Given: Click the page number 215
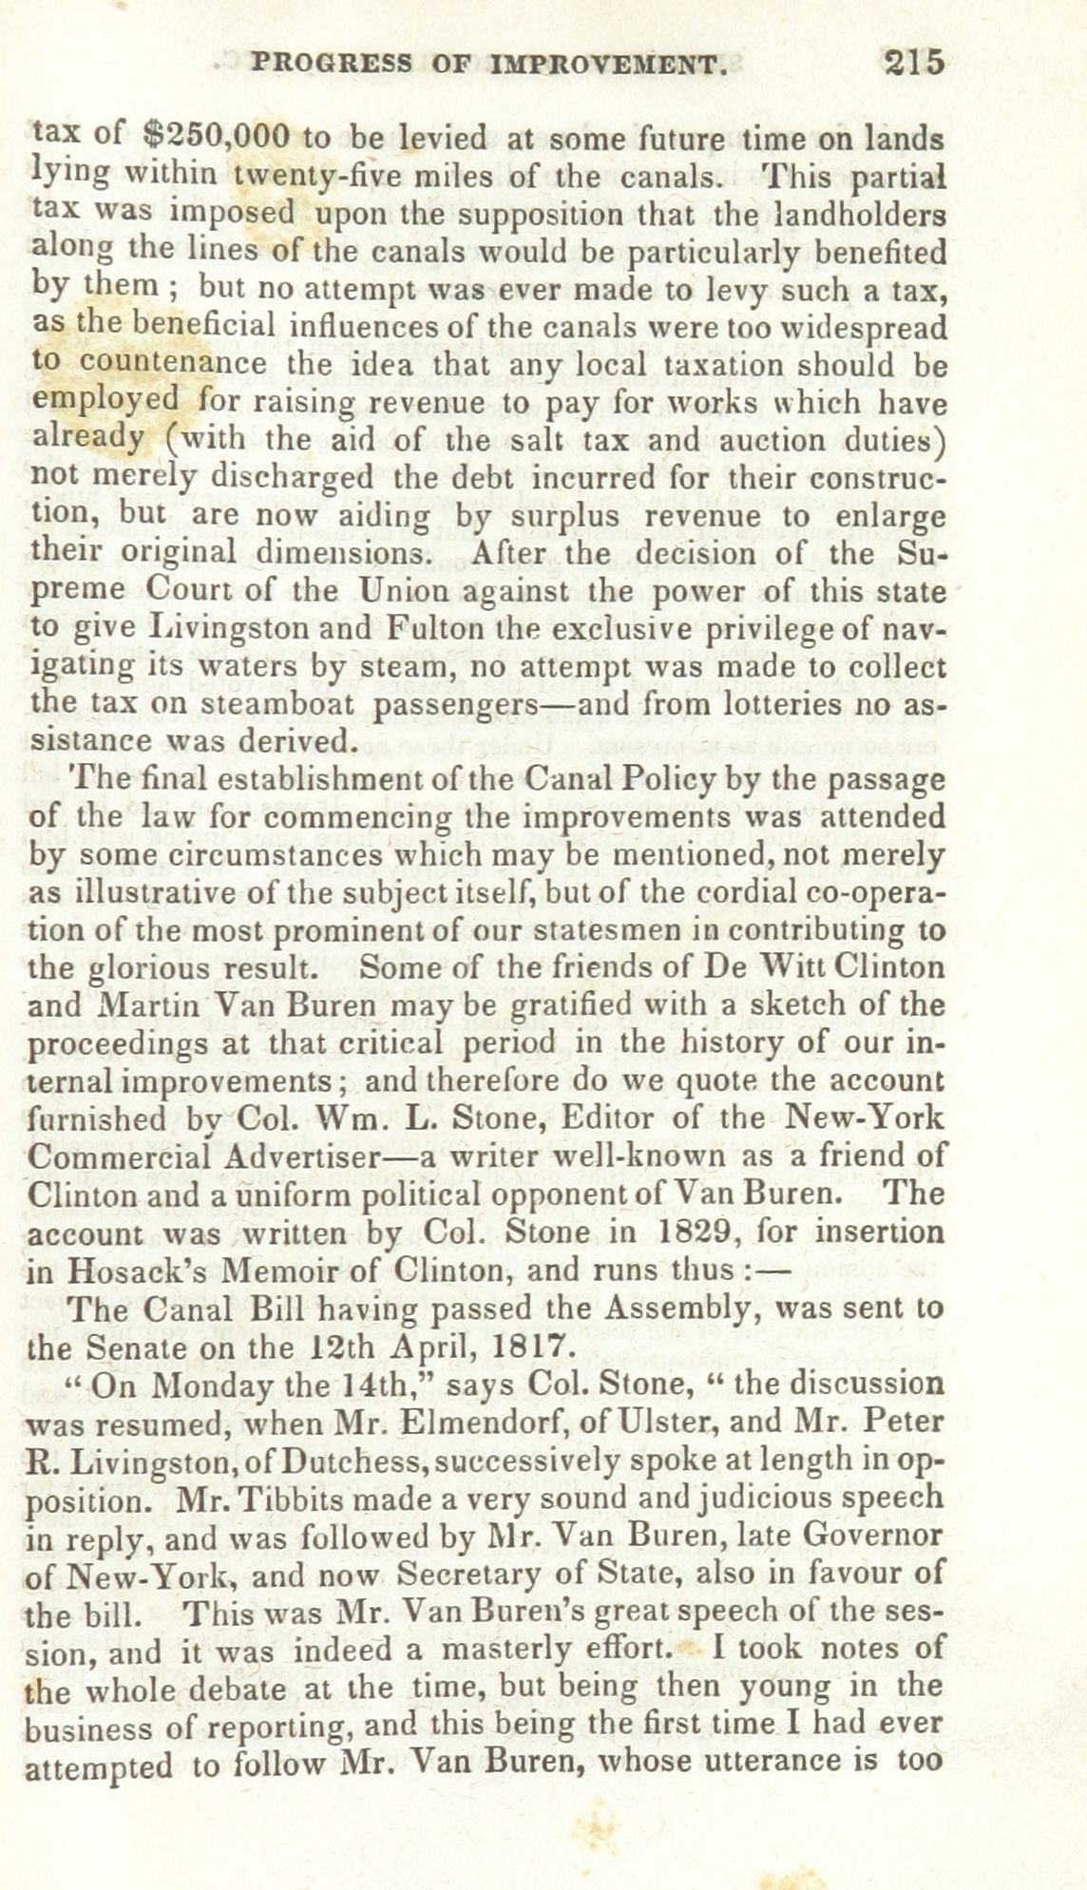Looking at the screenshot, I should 914,63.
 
